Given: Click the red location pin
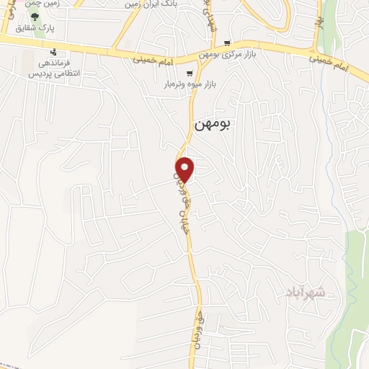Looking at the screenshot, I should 185,169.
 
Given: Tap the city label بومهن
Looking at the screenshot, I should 212,124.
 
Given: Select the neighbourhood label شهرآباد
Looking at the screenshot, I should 306,293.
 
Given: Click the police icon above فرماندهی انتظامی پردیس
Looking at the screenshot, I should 53,52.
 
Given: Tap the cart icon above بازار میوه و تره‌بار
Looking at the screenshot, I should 190,74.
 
